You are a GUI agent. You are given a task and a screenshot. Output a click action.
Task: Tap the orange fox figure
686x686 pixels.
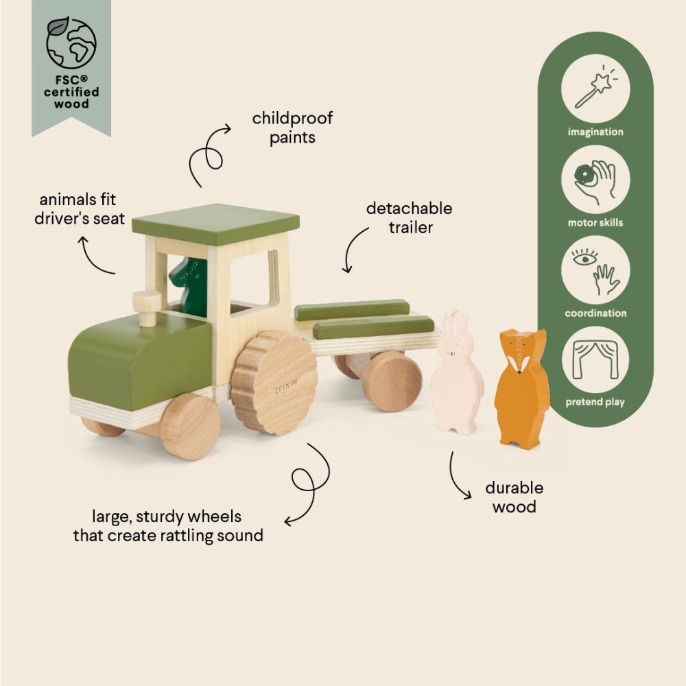coord(522,388)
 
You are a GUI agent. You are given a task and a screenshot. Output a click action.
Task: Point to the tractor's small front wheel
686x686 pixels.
coord(190,426)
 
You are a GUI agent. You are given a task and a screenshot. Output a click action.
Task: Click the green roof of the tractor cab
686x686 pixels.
coord(216,223)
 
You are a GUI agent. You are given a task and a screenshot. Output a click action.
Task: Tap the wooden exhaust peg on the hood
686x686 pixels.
coord(147,308)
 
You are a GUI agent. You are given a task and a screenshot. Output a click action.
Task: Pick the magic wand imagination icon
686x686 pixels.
coord(595,88)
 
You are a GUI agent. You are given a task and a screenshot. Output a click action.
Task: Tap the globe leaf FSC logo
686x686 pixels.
coord(71,43)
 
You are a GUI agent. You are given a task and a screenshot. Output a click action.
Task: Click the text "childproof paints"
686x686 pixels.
coord(292,128)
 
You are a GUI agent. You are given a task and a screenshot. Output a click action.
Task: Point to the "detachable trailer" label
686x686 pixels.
coord(409,217)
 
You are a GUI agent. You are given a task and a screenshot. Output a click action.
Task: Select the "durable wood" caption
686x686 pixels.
coord(514,497)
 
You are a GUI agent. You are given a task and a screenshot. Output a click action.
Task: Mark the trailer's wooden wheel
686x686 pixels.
coord(392,381)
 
